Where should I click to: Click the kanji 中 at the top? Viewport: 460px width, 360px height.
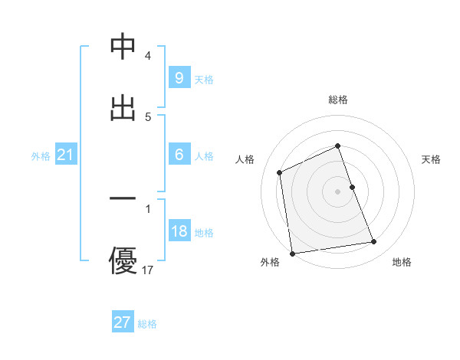(123, 47)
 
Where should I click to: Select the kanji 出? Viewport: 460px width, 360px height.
(123, 107)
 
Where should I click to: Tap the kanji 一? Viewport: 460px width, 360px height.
(123, 199)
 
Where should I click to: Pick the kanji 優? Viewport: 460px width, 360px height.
(123, 259)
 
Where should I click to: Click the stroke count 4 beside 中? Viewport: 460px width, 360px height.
(148, 56)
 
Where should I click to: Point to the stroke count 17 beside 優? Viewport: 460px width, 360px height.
(148, 270)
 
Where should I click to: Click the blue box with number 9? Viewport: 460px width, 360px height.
(179, 77)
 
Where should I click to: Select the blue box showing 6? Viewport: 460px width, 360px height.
(179, 155)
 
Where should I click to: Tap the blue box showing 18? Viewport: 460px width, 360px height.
(179, 231)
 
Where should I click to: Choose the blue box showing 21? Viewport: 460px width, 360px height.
(65, 155)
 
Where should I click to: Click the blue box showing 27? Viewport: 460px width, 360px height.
(122, 322)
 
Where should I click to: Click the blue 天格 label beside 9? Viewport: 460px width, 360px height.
(204, 79)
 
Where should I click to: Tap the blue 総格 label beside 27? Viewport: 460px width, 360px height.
(147, 324)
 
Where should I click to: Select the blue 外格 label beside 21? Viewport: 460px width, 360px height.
(41, 156)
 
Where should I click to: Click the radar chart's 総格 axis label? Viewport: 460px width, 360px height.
(338, 100)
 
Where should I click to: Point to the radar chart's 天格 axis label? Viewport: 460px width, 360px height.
(432, 159)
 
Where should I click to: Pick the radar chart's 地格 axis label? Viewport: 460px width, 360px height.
(402, 263)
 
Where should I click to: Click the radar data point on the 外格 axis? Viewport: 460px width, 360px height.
(292, 253)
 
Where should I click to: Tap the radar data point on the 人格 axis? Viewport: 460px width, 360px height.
(280, 172)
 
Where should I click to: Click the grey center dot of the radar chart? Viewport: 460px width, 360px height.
(338, 191)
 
